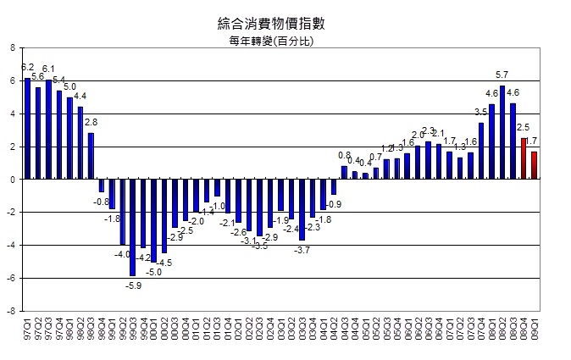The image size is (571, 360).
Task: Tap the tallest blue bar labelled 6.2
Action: (27, 128)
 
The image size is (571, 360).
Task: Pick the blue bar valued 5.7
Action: (502, 132)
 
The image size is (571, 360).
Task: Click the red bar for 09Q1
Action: (534, 165)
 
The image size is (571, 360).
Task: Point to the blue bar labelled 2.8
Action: (91, 156)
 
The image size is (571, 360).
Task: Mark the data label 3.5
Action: (480, 112)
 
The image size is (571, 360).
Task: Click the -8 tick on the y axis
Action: (11, 311)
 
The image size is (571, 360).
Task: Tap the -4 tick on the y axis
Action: (11, 246)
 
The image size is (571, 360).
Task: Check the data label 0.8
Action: (344, 156)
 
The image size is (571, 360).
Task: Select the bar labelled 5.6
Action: (37, 133)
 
